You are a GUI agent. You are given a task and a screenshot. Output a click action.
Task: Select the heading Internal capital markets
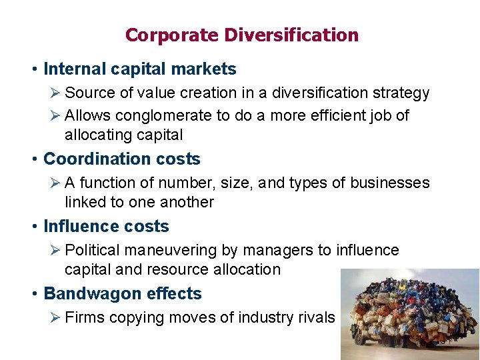pos(140,69)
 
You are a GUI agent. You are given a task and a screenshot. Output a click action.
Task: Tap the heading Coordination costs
pos(121,159)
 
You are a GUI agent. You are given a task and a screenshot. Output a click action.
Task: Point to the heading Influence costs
pos(106,226)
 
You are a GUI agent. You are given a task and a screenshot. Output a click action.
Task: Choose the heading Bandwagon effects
pos(122,293)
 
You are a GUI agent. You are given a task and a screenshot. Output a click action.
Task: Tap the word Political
pos(92,250)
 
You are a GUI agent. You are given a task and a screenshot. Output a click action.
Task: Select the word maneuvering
pos(166,251)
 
